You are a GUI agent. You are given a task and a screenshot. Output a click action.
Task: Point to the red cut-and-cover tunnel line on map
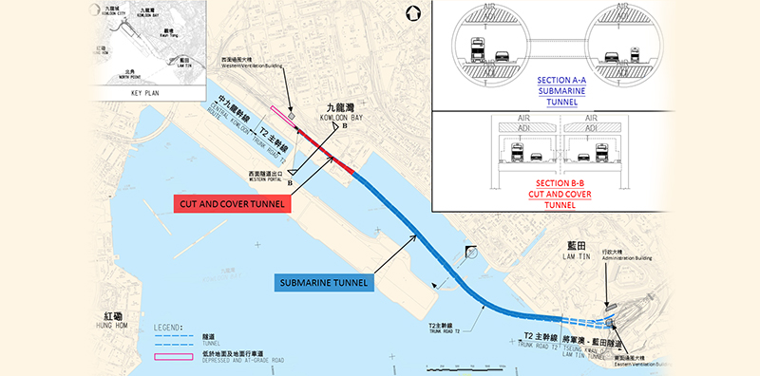(x=328, y=153)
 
